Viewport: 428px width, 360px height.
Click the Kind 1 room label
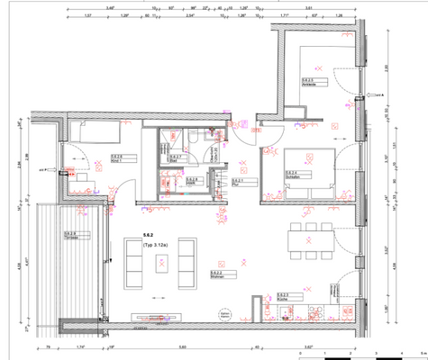117,159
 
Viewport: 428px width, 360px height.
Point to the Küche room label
282,298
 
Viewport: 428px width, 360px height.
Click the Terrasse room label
69,237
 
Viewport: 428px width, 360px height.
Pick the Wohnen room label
216,276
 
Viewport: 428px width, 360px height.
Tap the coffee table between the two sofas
159,263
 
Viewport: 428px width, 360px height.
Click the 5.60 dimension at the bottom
182,345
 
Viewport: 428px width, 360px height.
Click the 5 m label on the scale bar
422,353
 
